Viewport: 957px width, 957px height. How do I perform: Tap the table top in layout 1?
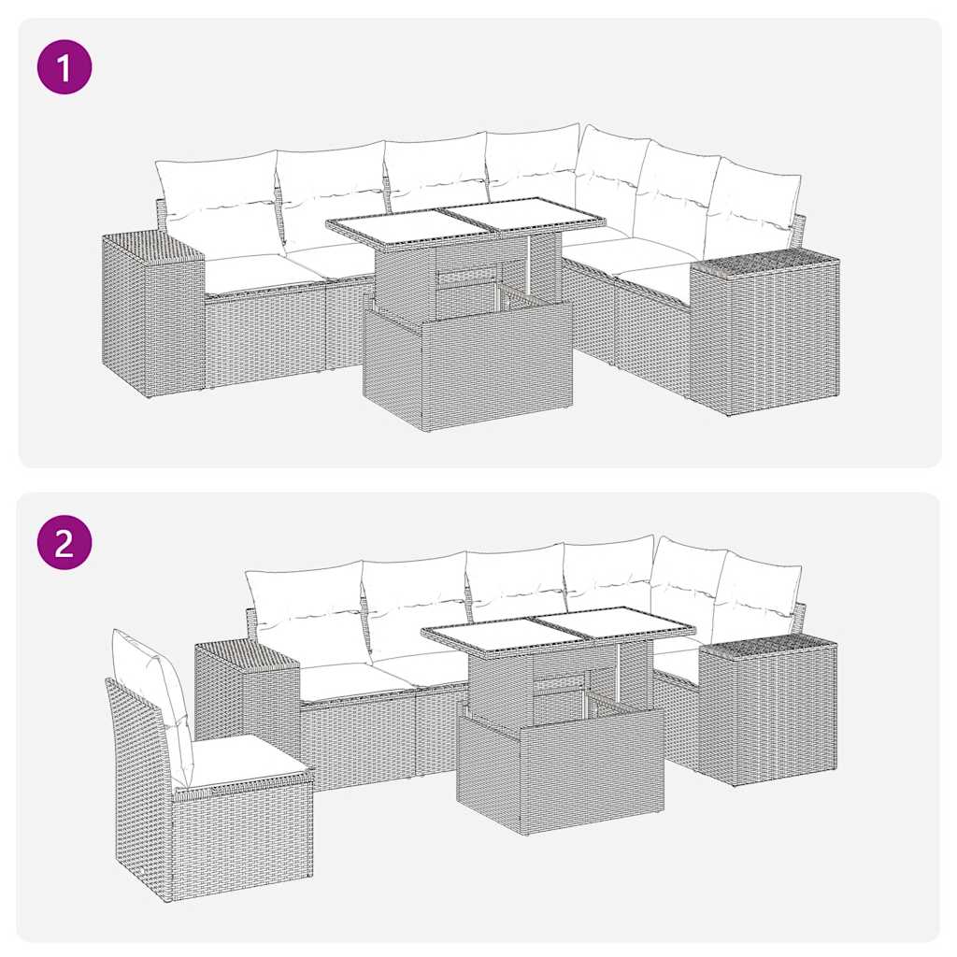(464, 223)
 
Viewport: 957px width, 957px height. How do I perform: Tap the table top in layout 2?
(558, 628)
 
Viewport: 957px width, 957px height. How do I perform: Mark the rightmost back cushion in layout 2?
(757, 598)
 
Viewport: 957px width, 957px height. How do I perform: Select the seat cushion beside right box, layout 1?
(659, 280)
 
